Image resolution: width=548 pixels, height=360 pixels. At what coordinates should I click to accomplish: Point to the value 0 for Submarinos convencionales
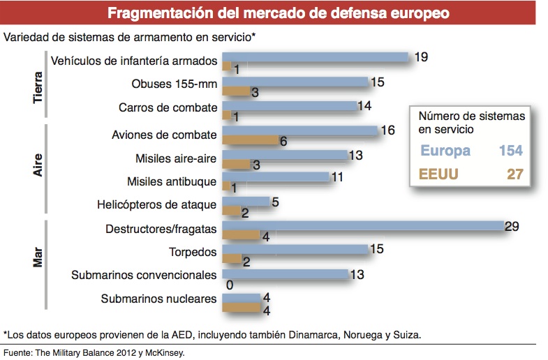[229, 285]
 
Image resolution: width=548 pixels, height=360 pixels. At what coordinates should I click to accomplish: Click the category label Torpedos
[193, 252]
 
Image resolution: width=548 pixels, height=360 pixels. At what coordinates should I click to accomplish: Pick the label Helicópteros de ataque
[157, 205]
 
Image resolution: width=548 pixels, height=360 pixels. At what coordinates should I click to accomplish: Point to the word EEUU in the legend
[439, 174]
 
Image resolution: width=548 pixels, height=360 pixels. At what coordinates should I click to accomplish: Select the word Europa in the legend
[445, 151]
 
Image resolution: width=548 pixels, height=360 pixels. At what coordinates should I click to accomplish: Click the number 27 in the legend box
[514, 174]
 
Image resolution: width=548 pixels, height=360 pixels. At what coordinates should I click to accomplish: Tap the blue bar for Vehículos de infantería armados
[315, 57]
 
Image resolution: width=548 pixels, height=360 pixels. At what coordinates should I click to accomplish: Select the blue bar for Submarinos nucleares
[241, 297]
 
